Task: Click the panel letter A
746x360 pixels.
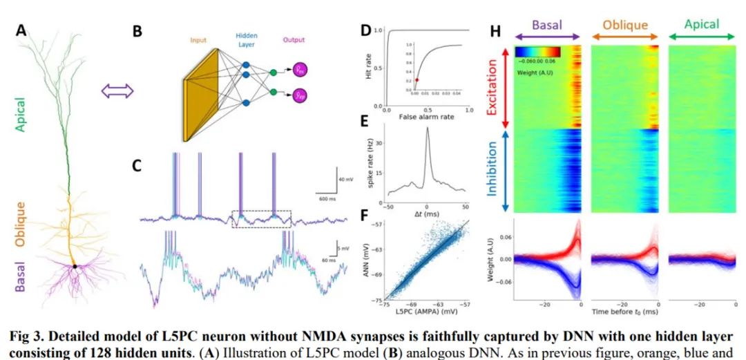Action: [21, 30]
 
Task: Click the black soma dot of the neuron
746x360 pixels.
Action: [75, 266]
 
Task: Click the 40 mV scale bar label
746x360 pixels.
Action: [345, 180]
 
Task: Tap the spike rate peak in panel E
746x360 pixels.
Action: [427, 129]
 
